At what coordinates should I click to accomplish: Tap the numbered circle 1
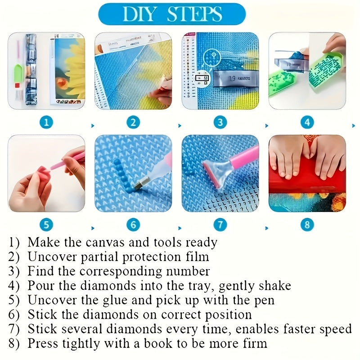click(46, 122)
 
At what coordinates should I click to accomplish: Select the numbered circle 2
click(133, 122)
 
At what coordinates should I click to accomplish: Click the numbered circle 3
click(220, 122)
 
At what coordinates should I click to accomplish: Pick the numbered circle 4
click(307, 122)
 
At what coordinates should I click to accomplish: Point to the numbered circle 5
click(46, 224)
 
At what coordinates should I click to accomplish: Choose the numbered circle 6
click(133, 224)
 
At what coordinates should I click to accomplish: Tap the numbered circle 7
click(220, 224)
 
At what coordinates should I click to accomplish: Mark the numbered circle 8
click(307, 224)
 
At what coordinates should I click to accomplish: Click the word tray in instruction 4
click(203, 285)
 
